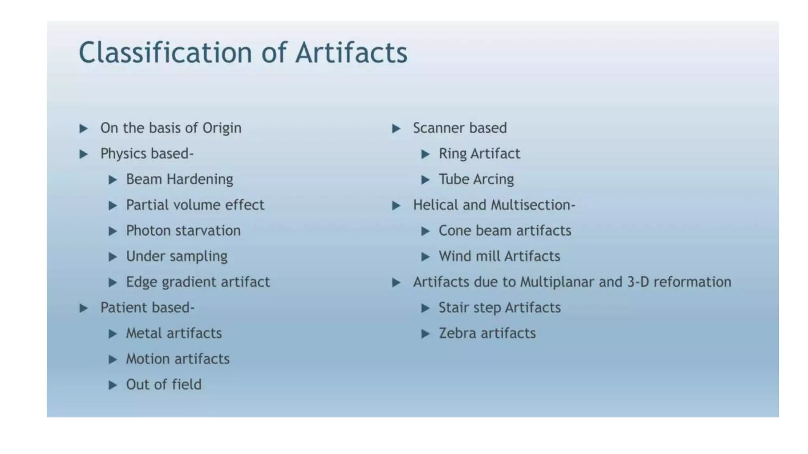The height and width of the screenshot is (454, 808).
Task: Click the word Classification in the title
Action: point(165,52)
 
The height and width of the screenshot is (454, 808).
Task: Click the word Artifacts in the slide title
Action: point(351,52)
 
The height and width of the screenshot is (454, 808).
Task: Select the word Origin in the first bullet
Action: point(222,128)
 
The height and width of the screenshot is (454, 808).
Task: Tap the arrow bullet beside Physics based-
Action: point(83,154)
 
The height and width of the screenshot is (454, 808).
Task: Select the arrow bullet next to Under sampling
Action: point(113,257)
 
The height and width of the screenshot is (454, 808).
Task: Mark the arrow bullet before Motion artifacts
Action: point(113,359)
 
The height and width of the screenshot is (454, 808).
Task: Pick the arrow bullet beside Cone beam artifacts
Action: point(425,231)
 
